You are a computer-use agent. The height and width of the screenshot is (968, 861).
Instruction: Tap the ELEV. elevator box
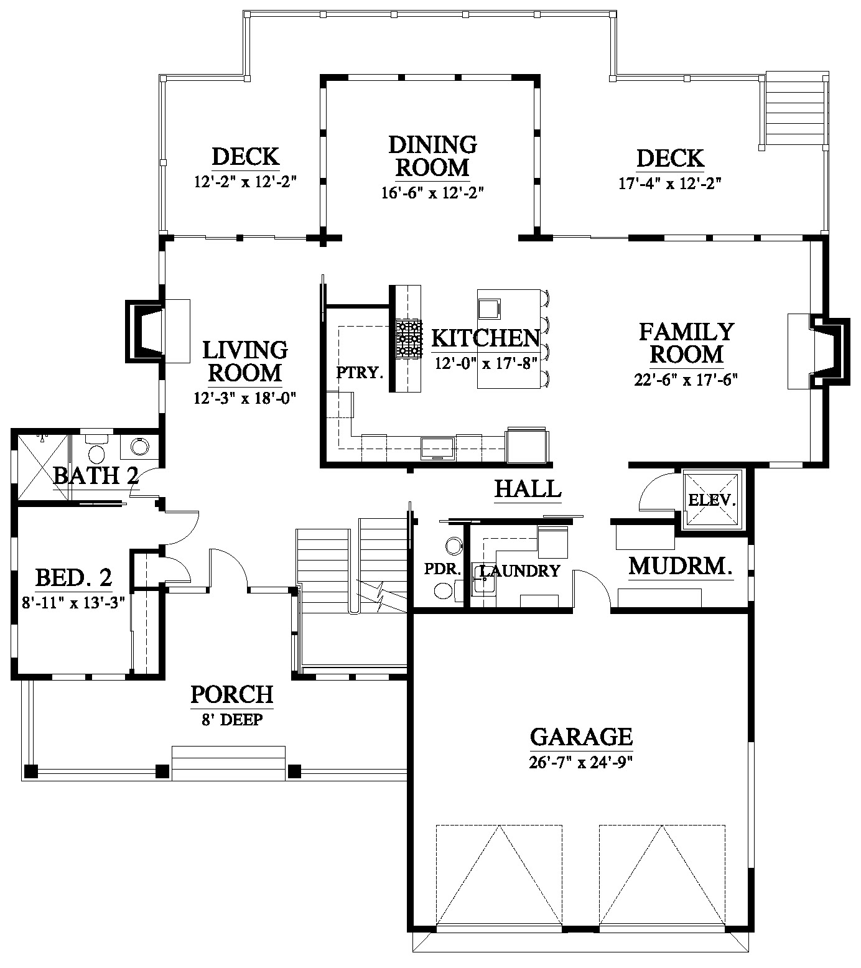coord(713,499)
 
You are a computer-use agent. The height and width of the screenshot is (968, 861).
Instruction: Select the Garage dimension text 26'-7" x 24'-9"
coord(581,761)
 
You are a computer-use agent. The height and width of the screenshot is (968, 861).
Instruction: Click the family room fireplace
coord(818,351)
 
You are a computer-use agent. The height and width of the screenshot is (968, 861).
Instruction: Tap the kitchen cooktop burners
coord(409,338)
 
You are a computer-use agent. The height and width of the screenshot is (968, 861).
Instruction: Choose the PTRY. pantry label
coord(358,373)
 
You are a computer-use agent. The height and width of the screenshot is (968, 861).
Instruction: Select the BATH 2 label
coord(95,476)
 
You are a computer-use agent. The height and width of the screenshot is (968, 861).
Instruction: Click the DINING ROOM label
coord(432,156)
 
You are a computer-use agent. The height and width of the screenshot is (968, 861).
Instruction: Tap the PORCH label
coord(231,694)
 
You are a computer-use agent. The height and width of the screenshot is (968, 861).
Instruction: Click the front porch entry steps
coord(228,763)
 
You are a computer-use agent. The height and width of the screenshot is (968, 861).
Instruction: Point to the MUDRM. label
coord(680,567)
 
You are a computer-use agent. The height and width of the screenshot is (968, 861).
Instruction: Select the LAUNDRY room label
coord(520,570)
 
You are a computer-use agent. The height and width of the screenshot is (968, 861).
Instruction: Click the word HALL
coord(528,488)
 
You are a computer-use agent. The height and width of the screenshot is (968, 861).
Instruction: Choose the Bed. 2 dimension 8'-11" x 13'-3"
coord(72,603)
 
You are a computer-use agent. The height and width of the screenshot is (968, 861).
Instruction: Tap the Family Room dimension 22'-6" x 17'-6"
coord(686,379)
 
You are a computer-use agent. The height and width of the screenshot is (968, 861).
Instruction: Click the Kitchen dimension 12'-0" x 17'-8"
coord(485,363)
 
